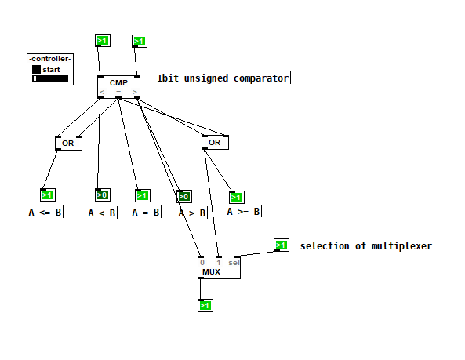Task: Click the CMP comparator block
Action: coord(118,86)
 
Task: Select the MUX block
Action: coord(219,267)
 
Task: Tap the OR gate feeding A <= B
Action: coord(68,144)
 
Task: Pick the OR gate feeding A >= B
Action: coord(215,142)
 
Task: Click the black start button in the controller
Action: coord(36,69)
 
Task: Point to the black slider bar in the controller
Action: coord(50,78)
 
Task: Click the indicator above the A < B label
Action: coord(103,195)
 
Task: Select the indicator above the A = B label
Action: coord(143,196)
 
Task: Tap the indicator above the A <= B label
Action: coord(48,195)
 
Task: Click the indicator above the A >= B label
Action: coord(237,197)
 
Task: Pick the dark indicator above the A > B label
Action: coord(184,196)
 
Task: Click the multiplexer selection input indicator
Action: coord(282,245)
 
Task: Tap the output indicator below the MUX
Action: coord(205,305)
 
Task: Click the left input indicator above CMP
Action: coord(103,40)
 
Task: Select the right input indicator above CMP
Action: coord(140,41)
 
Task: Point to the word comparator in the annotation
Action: coord(260,78)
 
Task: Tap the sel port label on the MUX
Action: coord(234,263)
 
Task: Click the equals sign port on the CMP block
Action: coord(118,93)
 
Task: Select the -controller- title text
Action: coord(50,59)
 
